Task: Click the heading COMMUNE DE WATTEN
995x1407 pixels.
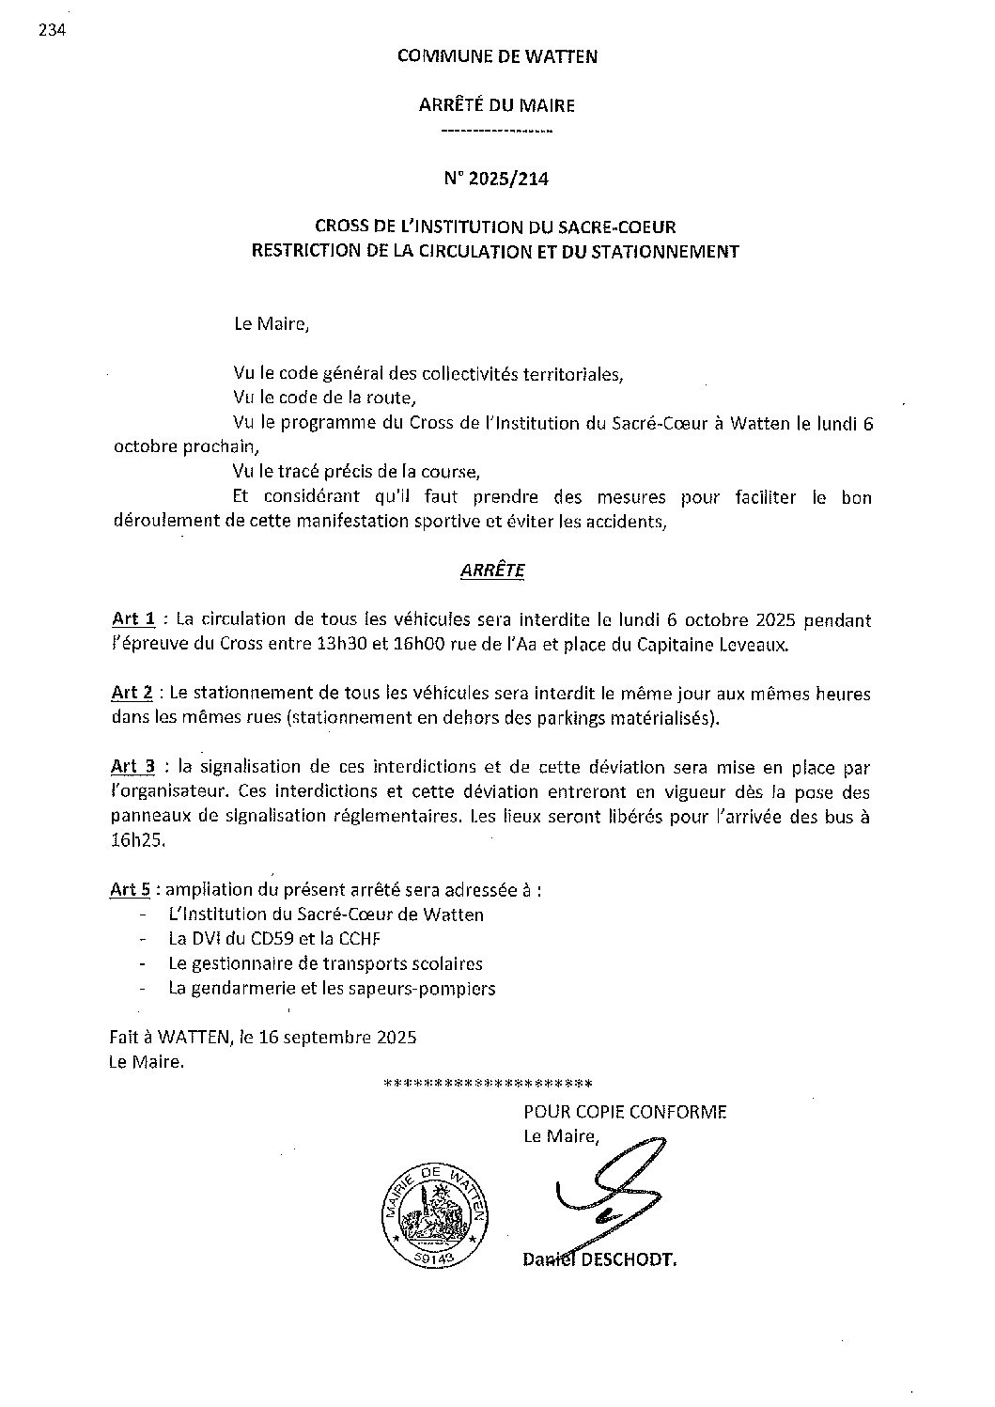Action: coord(497,56)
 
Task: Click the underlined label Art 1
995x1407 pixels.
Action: coord(132,619)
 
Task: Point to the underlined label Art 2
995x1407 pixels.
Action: coord(132,694)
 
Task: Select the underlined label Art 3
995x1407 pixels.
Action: coord(132,768)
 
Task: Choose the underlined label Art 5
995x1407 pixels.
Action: coord(131,889)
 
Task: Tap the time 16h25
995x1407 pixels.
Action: coord(137,841)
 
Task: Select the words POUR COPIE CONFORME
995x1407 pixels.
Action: coord(625,1112)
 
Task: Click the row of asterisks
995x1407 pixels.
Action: coord(488,1083)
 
